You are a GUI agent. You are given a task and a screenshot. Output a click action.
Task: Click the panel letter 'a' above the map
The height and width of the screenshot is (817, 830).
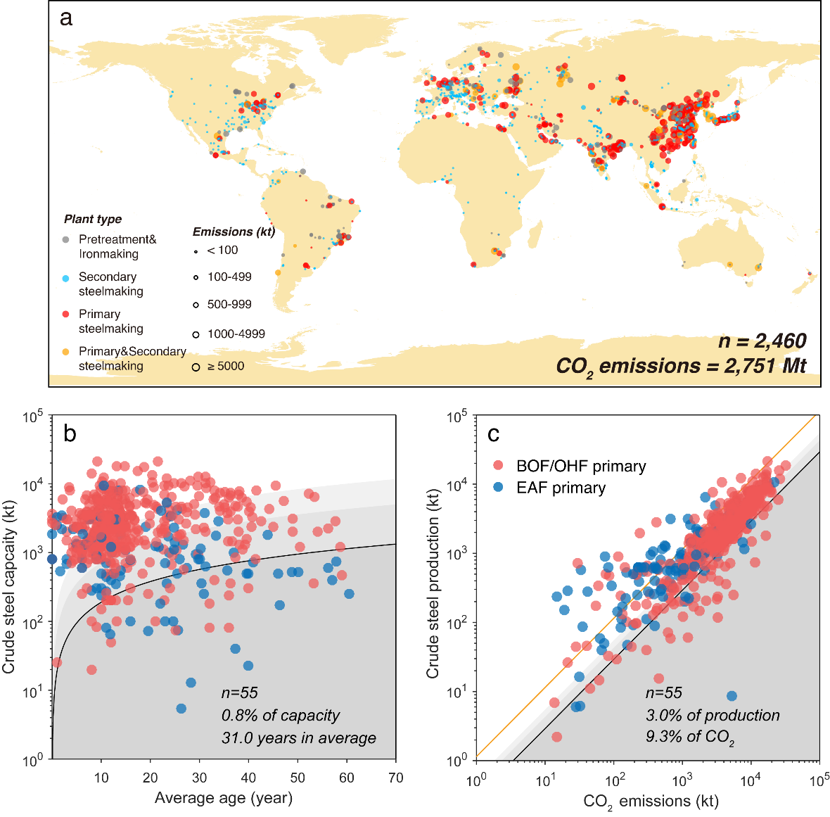tap(66, 18)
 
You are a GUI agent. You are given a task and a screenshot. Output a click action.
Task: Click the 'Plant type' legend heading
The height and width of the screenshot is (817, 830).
tap(93, 219)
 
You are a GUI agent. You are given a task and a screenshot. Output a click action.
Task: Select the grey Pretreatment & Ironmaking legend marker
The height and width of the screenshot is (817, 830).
tap(66, 240)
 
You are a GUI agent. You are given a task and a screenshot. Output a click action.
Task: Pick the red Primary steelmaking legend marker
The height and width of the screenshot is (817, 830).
tap(66, 315)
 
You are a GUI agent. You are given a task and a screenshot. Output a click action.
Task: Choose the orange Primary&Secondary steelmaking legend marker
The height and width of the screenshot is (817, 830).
tap(66, 352)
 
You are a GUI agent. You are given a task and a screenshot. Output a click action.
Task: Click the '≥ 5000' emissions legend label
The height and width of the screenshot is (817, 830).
tap(225, 366)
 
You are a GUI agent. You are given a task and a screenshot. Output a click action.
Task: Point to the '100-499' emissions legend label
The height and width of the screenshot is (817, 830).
tap(229, 277)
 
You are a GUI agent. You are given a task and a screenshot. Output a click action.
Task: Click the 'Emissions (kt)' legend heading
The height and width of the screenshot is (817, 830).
tap(234, 232)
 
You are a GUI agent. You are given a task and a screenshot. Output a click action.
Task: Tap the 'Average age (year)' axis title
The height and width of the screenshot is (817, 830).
tap(224, 798)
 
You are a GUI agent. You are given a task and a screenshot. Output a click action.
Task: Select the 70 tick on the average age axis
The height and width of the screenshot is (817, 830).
tap(396, 777)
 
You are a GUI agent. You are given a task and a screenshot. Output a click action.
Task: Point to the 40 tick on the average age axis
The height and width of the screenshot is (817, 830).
tap(248, 777)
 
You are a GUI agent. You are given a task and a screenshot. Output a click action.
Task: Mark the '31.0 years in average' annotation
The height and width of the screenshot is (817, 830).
tap(299, 738)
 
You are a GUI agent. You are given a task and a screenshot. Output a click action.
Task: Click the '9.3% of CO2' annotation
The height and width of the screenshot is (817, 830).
tap(690, 738)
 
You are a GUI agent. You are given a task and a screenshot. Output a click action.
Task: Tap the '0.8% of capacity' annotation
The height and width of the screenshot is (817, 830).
tap(281, 716)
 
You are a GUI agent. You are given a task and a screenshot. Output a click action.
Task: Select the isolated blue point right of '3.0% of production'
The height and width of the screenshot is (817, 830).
tap(732, 696)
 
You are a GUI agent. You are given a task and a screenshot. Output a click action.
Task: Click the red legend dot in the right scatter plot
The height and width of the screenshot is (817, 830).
tap(498, 465)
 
